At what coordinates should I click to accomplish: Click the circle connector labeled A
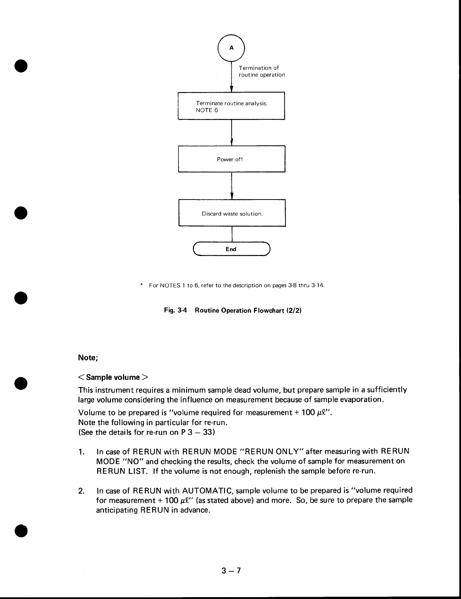click(x=231, y=48)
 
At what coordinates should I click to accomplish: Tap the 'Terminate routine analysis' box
click(x=231, y=106)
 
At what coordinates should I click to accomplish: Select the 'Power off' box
click(x=231, y=159)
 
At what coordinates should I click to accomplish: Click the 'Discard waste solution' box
click(x=232, y=213)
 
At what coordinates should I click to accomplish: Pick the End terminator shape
click(x=231, y=249)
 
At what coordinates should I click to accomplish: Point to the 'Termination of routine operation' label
click(x=262, y=71)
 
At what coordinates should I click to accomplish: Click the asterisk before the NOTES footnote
click(x=141, y=285)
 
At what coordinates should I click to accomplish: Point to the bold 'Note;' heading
click(x=88, y=358)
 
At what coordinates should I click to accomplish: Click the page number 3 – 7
click(x=231, y=571)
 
